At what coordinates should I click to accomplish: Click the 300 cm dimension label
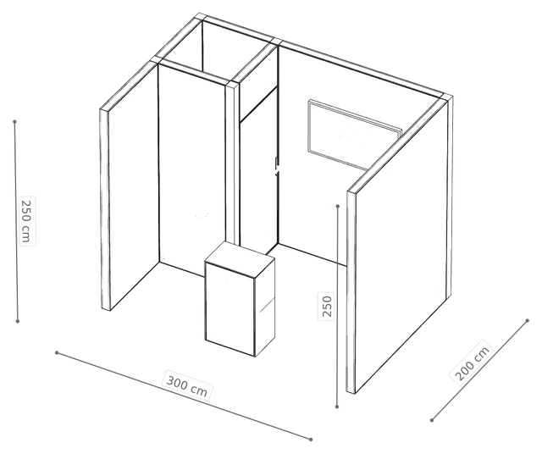coord(186,385)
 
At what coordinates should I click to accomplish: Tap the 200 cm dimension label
coord(472,361)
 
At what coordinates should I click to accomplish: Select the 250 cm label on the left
coord(27,221)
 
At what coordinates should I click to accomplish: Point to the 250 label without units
coord(326,306)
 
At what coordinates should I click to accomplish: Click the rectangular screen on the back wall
coord(354,135)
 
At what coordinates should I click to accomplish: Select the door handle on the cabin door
coord(277,166)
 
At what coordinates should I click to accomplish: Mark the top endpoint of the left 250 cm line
coord(14,122)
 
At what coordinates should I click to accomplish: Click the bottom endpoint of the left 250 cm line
coord(18,322)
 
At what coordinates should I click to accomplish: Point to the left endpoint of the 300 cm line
coord(57,352)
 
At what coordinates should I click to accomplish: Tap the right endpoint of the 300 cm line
coord(311,440)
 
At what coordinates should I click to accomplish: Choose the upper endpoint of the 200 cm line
coord(527,320)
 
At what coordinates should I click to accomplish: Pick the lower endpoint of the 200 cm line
coord(432,420)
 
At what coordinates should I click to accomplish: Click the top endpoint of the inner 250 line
coord(338,206)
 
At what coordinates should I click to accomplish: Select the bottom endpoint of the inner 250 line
coord(337,407)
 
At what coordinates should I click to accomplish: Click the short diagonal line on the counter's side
coord(267,305)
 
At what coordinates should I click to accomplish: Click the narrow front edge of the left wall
coord(105,209)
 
